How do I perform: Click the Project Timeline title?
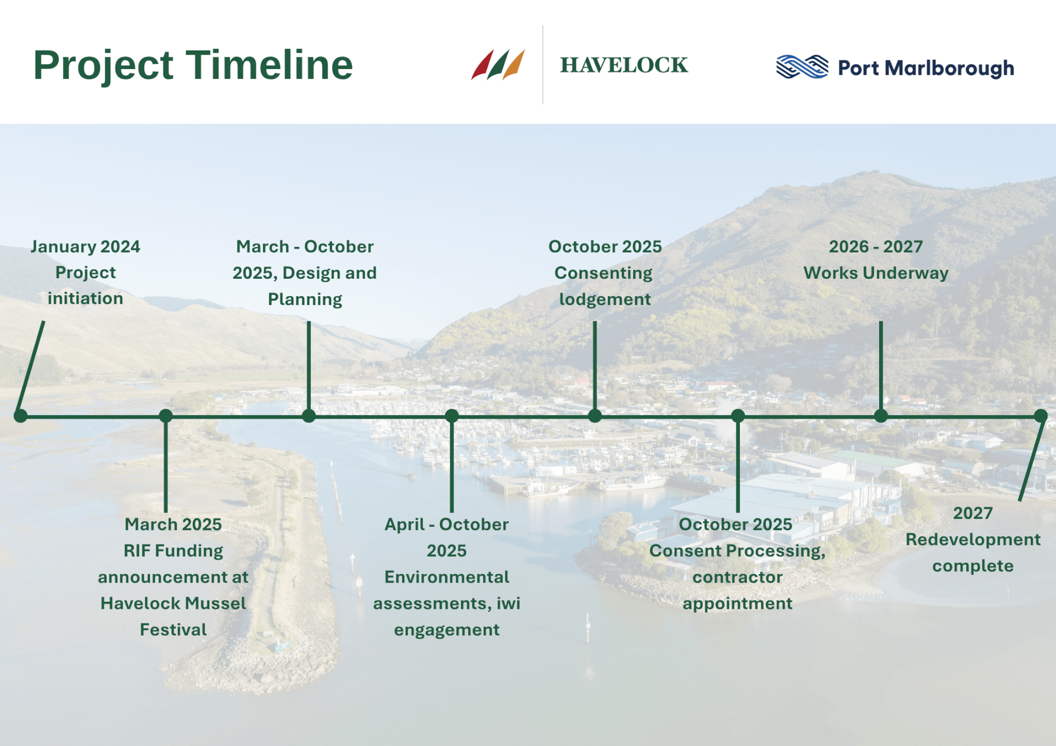[x=193, y=65]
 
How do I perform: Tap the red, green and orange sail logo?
[x=498, y=64]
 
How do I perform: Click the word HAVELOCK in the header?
[x=624, y=65]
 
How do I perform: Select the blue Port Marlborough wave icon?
[x=802, y=67]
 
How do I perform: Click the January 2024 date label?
[x=85, y=247]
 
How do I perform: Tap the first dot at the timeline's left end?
[x=21, y=416]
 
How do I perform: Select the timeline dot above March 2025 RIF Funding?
[x=166, y=416]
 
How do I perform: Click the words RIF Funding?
[x=173, y=551]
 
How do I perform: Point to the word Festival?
[x=173, y=630]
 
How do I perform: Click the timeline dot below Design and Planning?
[x=309, y=416]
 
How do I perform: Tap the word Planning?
[x=305, y=300]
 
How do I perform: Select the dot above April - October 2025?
[x=452, y=416]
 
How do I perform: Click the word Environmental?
[x=447, y=577]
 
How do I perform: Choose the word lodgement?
[x=605, y=300]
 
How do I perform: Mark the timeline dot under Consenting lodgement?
[x=595, y=416]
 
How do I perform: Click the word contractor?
[x=737, y=577]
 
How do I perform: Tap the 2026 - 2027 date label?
[x=876, y=247]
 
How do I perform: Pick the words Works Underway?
[x=876, y=273]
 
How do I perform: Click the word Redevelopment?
[x=973, y=540]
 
